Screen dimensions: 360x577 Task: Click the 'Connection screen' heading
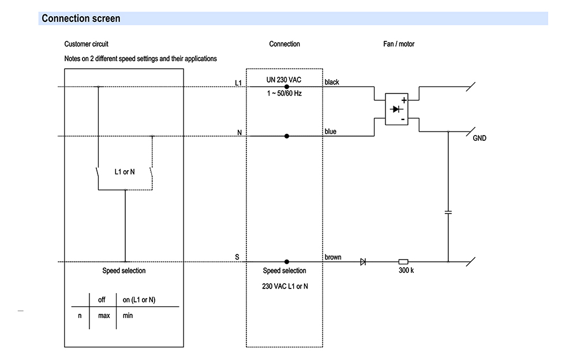(81, 18)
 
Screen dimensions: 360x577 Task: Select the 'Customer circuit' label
(86, 44)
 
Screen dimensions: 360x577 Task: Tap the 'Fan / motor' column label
(399, 44)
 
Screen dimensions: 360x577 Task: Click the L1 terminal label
(238, 83)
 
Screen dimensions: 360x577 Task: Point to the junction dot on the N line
(287, 136)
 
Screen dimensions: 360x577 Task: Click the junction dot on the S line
(287, 261)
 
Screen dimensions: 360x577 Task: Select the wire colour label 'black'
(332, 82)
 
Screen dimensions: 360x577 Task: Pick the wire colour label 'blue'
(330, 132)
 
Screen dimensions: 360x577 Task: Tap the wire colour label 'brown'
(332, 257)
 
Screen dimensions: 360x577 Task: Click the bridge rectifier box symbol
(396, 108)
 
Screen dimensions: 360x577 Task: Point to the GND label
(479, 138)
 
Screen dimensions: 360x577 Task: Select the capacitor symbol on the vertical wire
(448, 212)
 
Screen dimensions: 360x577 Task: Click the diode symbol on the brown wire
(363, 261)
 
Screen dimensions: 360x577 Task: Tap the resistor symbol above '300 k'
(404, 261)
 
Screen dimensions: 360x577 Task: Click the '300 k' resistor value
(406, 271)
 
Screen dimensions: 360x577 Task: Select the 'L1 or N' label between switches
(125, 172)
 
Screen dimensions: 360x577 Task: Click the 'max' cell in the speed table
(104, 316)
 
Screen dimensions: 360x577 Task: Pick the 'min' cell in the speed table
(128, 316)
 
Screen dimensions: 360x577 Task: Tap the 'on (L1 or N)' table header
(139, 300)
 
